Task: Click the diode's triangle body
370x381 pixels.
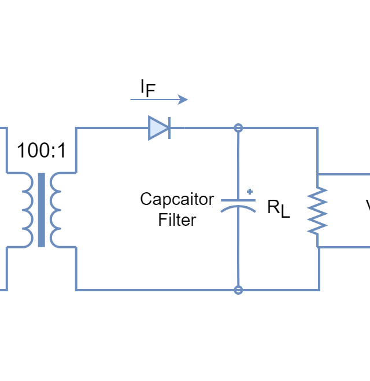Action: [x=156, y=128]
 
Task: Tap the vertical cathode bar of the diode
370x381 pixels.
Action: [x=169, y=128]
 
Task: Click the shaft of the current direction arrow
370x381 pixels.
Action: [x=153, y=100]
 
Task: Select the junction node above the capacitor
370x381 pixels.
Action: [x=238, y=128]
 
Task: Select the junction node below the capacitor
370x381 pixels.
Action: [x=238, y=290]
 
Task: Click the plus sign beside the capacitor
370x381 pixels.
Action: [x=250, y=192]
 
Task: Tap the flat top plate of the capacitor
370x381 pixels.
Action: [x=238, y=200]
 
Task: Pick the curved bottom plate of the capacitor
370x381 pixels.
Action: [x=238, y=208]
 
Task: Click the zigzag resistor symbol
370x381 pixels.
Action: [x=317, y=210]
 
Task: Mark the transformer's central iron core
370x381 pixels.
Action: [x=41, y=210]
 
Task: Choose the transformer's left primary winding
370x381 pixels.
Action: [x=27, y=210]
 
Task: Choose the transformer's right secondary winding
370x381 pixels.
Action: [x=55, y=210]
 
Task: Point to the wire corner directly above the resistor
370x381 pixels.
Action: [x=317, y=128]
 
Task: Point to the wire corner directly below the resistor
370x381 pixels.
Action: [x=318, y=290]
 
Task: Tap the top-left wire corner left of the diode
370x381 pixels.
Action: [x=76, y=128]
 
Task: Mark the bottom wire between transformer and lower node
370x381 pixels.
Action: [x=156, y=290]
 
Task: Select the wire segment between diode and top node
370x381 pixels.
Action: [x=202, y=128]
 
